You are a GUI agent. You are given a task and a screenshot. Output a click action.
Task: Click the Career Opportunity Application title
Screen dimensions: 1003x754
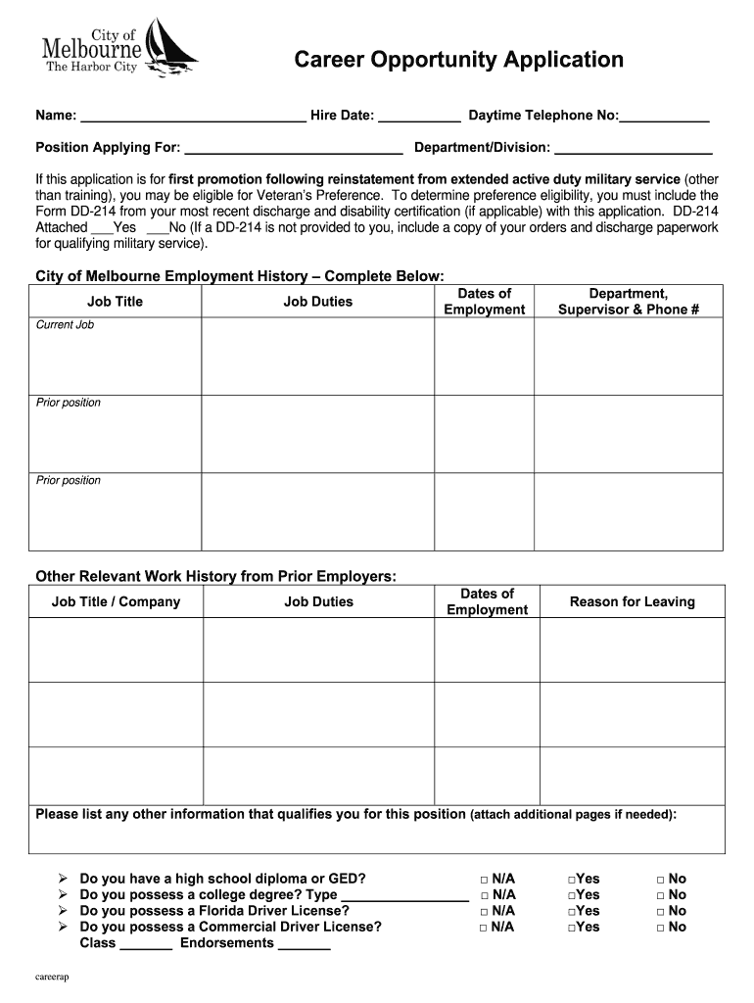point(459,60)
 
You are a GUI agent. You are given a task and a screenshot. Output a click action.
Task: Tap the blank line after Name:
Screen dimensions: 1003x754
point(193,119)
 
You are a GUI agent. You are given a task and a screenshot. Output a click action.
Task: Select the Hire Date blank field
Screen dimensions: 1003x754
point(419,119)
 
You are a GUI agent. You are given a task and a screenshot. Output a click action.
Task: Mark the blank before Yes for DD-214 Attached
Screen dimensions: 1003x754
point(102,228)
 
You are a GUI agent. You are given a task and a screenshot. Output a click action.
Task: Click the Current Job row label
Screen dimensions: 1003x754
point(65,324)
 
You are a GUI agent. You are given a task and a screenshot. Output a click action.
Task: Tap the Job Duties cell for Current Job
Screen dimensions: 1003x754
point(317,356)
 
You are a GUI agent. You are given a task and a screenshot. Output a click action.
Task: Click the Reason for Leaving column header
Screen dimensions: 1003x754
point(632,601)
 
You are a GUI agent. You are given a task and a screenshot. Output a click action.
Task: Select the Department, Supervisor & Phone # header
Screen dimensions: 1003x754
point(628,302)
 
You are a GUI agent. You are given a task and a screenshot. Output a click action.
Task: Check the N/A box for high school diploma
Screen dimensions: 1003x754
point(485,880)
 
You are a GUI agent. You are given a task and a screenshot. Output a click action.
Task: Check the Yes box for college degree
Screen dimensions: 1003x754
point(571,895)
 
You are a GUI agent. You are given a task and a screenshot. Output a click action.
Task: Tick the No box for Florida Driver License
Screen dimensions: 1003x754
point(661,911)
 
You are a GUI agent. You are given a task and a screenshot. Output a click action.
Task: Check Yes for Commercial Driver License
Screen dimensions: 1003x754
point(571,927)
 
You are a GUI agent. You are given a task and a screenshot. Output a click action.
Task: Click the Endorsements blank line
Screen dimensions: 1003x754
point(305,945)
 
